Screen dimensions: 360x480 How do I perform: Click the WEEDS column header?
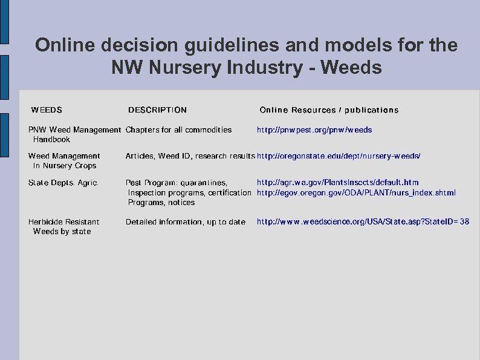47,110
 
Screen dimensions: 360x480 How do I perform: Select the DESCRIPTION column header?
157,110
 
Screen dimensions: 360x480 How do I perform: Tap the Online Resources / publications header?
329,110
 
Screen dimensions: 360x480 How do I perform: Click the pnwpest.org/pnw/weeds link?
314,130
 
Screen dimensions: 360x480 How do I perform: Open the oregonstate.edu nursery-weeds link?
339,156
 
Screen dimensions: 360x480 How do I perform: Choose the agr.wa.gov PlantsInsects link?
337,182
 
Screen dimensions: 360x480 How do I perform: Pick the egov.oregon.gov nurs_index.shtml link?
356,193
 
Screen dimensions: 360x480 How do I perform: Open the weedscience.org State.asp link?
363,222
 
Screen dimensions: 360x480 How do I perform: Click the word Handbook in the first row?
51,140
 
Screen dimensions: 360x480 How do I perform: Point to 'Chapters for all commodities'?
178,130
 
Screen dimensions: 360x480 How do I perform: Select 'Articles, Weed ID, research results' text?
190,156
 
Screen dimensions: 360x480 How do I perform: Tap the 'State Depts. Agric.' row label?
63,182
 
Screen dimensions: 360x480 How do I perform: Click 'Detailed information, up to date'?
186,222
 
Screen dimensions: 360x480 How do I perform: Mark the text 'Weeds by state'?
62,232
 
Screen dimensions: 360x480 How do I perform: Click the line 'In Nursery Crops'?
65,166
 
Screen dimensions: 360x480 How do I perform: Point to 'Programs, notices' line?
161,203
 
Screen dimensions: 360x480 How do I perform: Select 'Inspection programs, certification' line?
189,193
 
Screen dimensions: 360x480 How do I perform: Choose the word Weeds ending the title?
352,67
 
